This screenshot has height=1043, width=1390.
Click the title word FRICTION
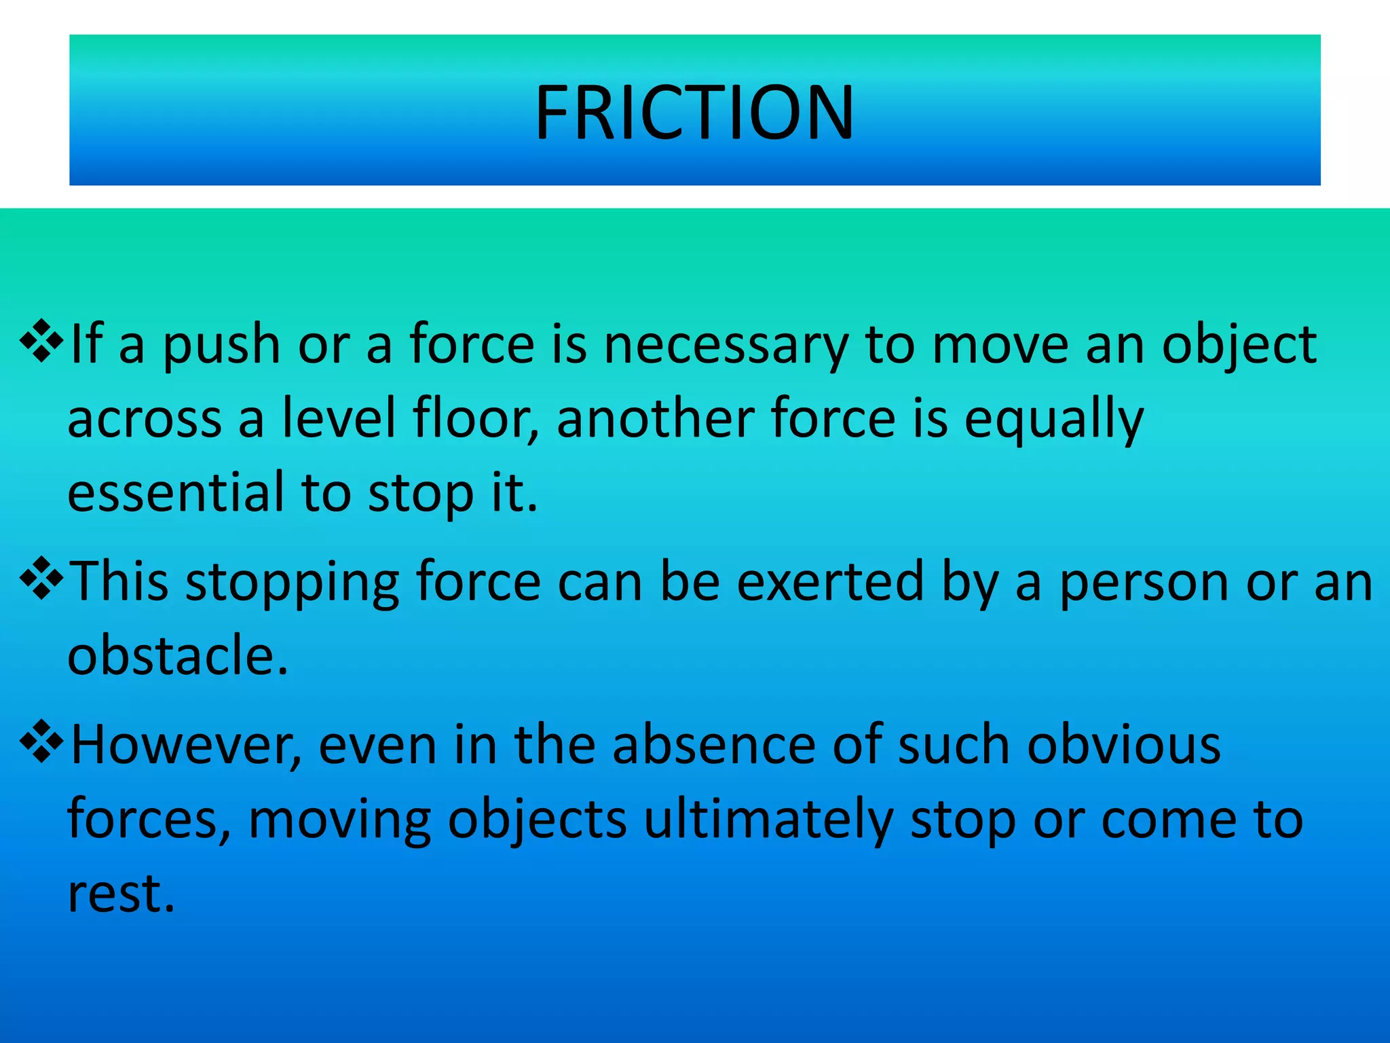(694, 113)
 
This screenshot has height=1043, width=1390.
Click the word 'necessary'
(726, 345)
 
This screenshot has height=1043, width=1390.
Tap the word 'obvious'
(1123, 746)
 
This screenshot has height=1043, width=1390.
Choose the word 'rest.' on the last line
(121, 894)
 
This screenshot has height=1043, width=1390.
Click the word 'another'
(656, 419)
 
